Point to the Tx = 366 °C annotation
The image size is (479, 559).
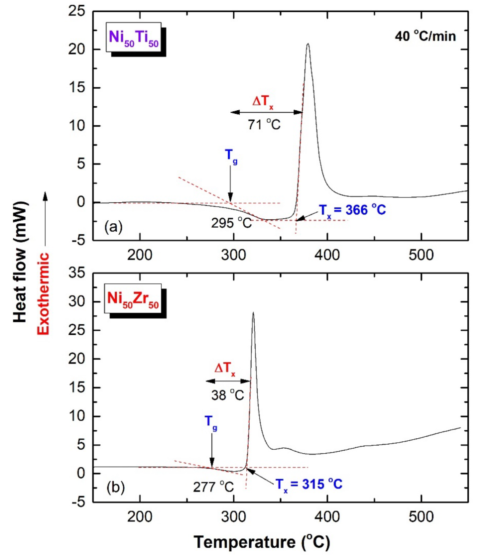point(352,210)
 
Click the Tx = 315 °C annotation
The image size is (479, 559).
point(309,484)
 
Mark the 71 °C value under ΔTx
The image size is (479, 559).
point(264,125)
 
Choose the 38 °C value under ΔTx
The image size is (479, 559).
point(227,396)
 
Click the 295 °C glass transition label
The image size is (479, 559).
point(231,223)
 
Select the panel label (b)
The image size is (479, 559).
point(116,488)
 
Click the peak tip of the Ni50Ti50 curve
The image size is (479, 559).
point(308,44)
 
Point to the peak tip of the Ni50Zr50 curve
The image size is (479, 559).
point(253,313)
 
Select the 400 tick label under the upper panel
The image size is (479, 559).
point(327,254)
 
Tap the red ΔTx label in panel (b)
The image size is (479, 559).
point(225,369)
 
